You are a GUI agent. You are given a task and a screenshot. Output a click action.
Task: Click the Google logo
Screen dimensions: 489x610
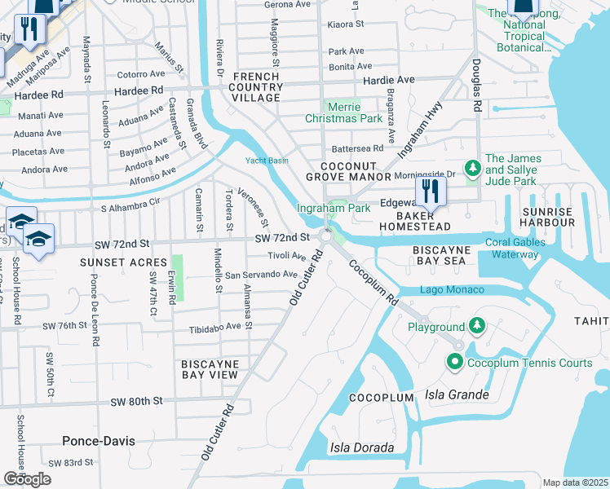click(27, 479)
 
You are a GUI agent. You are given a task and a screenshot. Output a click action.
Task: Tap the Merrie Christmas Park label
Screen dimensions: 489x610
click(355, 112)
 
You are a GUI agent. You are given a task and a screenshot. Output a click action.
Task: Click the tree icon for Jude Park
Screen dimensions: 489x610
click(471, 169)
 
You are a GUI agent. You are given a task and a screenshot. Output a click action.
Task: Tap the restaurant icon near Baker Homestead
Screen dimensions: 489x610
click(431, 192)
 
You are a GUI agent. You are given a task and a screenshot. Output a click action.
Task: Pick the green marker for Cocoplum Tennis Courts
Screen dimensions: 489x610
click(453, 361)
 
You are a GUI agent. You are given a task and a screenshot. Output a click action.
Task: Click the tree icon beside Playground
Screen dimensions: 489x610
click(476, 327)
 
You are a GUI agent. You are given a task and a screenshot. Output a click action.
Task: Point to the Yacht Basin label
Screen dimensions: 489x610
click(267, 161)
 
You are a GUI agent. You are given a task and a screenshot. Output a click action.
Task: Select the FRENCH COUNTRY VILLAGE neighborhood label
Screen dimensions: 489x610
click(256, 87)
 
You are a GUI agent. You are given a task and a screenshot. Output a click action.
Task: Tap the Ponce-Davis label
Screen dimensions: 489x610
click(99, 441)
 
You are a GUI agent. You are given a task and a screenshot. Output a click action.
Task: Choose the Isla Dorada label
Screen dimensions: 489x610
click(362, 447)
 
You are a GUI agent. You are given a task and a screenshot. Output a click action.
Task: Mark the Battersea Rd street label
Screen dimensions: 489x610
click(357, 148)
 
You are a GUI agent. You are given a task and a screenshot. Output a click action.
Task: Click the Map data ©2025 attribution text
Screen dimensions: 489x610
click(576, 482)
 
